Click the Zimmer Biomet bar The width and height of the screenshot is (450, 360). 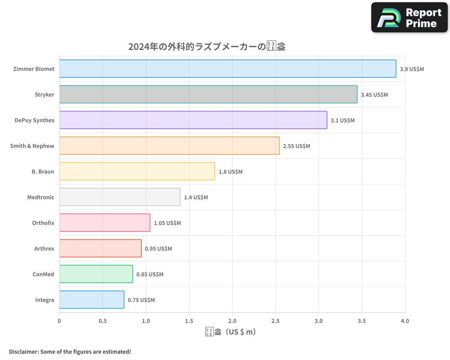[228, 69]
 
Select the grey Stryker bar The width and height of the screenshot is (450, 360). [208, 94]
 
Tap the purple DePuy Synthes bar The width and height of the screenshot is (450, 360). [193, 120]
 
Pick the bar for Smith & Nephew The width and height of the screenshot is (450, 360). [169, 146]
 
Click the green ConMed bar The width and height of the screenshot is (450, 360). [96, 274]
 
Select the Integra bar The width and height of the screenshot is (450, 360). [92, 300]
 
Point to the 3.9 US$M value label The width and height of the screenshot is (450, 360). [412, 69]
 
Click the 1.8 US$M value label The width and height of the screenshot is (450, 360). [230, 172]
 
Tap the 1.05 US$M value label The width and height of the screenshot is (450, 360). [167, 223]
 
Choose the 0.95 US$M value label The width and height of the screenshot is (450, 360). [158, 249]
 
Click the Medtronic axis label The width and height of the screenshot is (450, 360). [40, 197]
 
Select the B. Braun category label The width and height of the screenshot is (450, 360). [43, 171]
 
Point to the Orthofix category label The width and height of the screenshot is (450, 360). [43, 223]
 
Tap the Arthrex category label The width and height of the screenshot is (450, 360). [44, 248]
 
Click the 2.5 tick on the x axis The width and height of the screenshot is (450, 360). [275, 321]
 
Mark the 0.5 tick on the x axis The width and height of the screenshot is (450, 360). [103, 321]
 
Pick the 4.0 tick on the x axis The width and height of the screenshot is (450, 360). [405, 321]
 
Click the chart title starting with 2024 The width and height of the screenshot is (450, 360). [207, 47]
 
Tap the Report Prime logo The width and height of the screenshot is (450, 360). [409, 18]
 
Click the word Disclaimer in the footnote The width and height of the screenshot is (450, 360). [23, 351]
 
